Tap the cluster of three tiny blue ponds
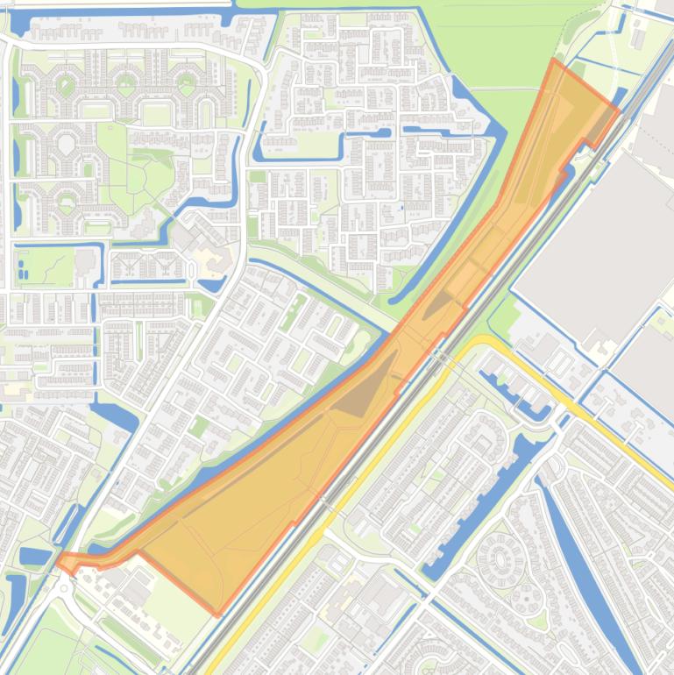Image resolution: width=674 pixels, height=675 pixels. point(23,273)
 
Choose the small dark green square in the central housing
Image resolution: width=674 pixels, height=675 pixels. point(201,427)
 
